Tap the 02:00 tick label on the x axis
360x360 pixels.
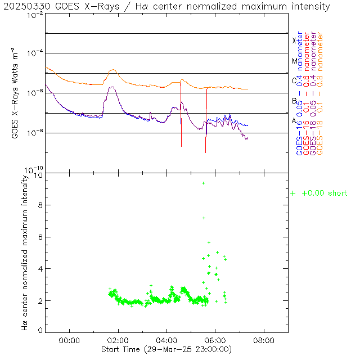coord(118,340)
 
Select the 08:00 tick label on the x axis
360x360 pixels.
coord(264,340)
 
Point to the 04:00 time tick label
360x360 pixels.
coord(166,340)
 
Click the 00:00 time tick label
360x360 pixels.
coord(69,340)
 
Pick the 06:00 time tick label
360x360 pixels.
coord(215,340)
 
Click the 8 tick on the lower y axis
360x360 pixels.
coord(40,206)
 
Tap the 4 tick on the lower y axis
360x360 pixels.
coord(40,269)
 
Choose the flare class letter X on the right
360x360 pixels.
coord(294,40)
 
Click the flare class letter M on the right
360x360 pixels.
coord(294,61)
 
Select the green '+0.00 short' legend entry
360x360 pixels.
coord(318,193)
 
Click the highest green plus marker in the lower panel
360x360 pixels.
coord(203,183)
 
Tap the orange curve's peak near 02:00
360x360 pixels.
coord(113,70)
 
